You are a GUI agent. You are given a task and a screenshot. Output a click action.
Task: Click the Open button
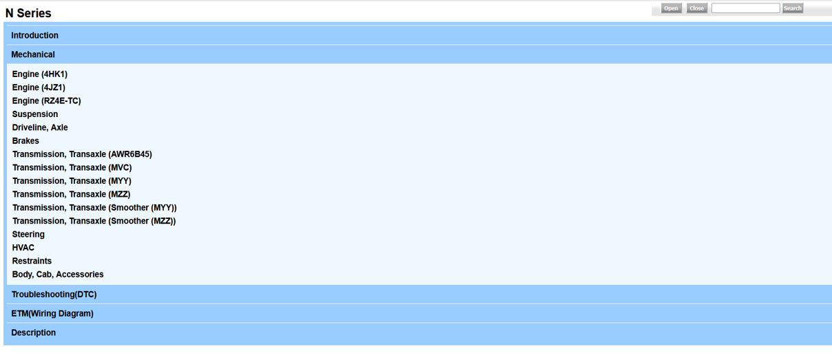(x=671, y=8)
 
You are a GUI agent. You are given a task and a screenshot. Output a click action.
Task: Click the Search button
(x=793, y=8)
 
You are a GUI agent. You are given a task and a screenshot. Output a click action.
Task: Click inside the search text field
(x=745, y=8)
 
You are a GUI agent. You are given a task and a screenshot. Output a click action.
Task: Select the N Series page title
(x=28, y=13)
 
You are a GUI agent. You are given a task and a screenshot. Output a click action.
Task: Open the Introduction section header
(x=34, y=35)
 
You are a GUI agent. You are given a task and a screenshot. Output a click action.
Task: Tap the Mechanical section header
(x=33, y=54)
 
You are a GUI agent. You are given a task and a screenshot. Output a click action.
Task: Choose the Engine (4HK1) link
(x=40, y=74)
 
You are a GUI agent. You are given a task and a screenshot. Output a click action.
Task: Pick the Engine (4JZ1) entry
(x=39, y=87)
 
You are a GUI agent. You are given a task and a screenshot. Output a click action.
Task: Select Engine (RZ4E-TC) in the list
(x=46, y=101)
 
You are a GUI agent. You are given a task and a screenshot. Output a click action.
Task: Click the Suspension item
(x=35, y=114)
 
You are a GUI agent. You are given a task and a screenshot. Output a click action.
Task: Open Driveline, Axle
(x=40, y=127)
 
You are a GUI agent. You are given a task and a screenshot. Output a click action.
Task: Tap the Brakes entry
(x=25, y=141)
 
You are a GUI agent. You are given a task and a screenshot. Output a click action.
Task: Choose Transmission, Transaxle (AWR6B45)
(x=82, y=154)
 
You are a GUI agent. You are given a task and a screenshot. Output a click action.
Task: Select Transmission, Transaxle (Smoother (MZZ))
(x=94, y=221)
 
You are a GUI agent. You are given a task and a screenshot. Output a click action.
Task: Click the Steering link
(x=28, y=235)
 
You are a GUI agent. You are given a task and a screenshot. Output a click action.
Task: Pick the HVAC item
(x=23, y=248)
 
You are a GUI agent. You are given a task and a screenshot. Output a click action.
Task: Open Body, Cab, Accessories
(x=58, y=274)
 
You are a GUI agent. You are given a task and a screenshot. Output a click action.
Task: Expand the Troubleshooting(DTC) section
(x=54, y=295)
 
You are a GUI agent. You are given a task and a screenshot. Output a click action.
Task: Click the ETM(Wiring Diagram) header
(x=52, y=314)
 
